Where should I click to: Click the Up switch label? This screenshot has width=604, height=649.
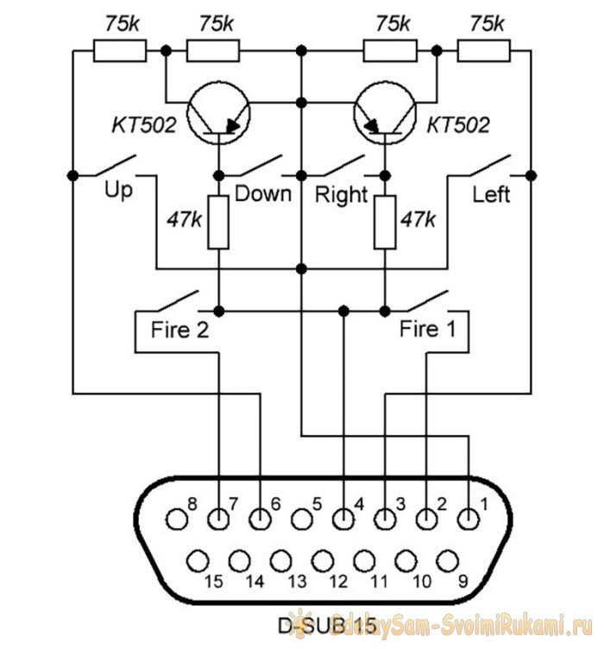118,192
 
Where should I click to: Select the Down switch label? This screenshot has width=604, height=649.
263,193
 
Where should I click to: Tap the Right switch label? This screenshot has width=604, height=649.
341,194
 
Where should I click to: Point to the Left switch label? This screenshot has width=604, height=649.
491,194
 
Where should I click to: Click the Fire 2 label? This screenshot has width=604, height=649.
179,330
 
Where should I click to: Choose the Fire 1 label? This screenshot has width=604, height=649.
427,329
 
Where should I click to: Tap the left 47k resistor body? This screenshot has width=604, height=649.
218,223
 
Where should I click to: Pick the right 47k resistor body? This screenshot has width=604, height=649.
385,223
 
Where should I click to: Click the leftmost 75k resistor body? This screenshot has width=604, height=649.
120,51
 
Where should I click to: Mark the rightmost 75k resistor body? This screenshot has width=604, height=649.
483,51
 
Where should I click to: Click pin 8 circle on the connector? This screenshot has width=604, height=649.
177,519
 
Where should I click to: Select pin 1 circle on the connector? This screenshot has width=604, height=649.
469,519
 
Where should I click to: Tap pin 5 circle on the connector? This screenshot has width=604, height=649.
302,519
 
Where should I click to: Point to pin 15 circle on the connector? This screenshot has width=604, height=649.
198,561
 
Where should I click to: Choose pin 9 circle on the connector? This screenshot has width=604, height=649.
447,561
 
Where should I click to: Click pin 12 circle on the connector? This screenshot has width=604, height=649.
323,561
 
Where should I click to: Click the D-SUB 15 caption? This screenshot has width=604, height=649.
327,626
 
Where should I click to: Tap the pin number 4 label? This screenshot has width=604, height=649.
359,504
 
